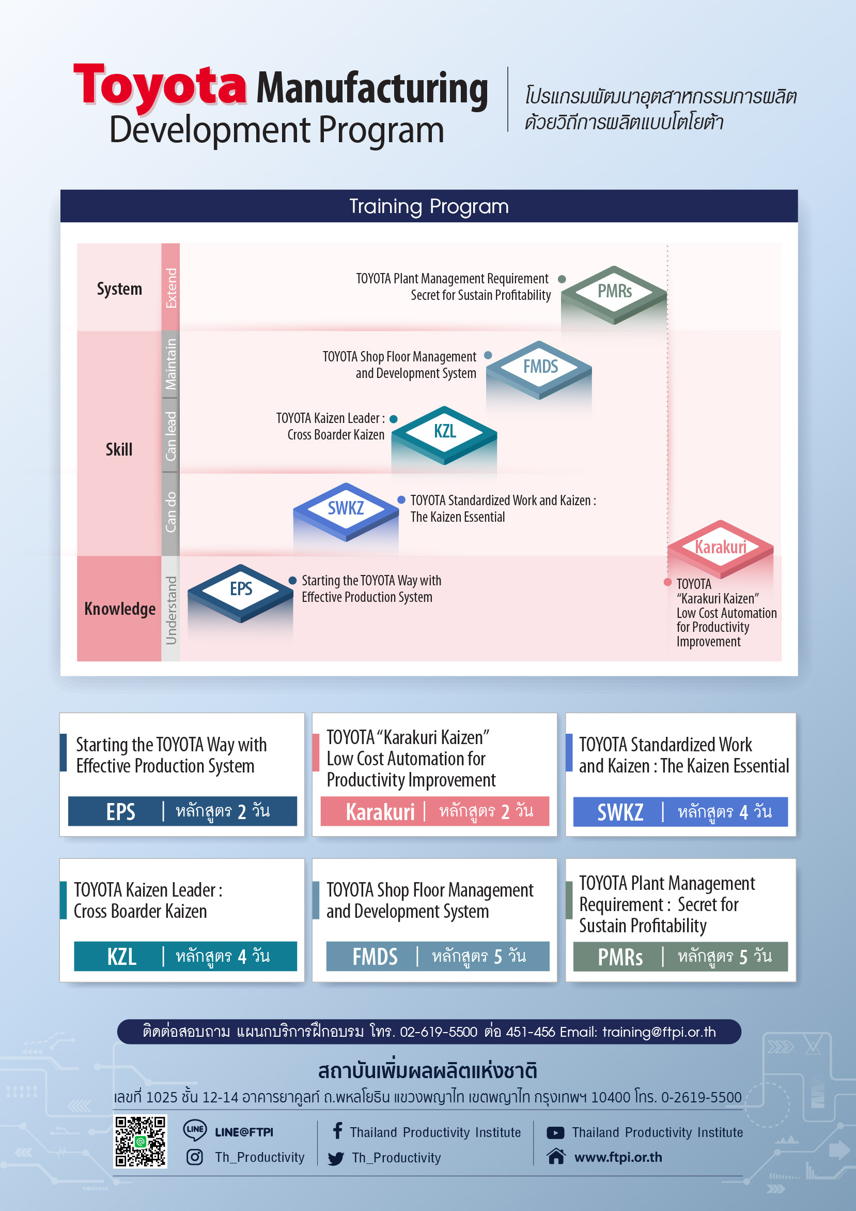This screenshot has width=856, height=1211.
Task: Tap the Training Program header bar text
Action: (x=429, y=206)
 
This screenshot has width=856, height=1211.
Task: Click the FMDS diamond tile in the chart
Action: (x=539, y=369)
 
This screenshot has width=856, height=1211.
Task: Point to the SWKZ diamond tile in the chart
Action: (x=346, y=511)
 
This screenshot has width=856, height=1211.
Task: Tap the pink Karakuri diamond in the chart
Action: (x=721, y=549)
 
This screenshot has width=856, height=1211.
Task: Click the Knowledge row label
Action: (x=120, y=609)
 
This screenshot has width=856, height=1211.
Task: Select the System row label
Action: (x=120, y=289)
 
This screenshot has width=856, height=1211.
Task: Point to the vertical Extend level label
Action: (x=171, y=288)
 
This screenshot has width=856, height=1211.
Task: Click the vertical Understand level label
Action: (x=171, y=610)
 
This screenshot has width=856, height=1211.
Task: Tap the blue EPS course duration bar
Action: (x=182, y=811)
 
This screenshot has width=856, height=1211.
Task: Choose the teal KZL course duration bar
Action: (x=185, y=956)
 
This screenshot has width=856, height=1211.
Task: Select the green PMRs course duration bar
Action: (x=680, y=956)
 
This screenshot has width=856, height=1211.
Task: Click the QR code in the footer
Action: (x=140, y=1141)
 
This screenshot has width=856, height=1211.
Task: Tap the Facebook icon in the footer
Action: (x=338, y=1130)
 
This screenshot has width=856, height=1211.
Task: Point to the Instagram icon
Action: (x=194, y=1157)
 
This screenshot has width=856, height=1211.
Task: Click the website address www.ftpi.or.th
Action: (x=618, y=1157)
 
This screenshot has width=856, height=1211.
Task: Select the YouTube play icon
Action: (x=555, y=1132)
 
